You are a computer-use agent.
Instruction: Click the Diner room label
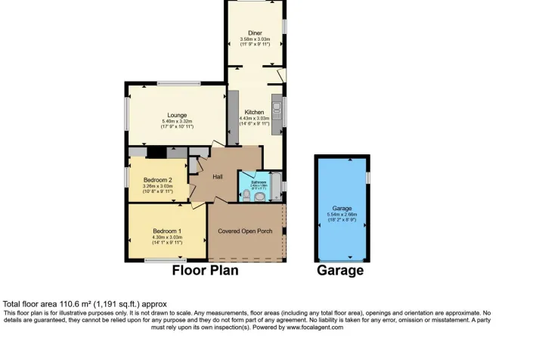(255, 33)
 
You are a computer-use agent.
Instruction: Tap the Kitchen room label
(255, 112)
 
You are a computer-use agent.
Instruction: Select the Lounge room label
(177, 115)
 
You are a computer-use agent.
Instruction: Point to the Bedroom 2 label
(158, 179)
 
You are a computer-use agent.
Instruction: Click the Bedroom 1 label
(166, 231)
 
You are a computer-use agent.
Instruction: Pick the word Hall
(218, 177)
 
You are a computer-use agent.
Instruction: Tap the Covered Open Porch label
(245, 231)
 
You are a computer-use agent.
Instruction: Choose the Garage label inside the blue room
(342, 208)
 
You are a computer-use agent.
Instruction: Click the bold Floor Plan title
(206, 270)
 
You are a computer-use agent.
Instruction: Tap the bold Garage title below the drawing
(340, 270)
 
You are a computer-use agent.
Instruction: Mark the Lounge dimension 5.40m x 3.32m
(178, 121)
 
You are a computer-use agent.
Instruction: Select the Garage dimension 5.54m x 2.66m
(342, 214)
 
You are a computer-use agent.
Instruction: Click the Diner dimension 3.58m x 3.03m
(255, 39)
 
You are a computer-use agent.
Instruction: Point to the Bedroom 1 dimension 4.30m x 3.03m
(167, 237)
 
